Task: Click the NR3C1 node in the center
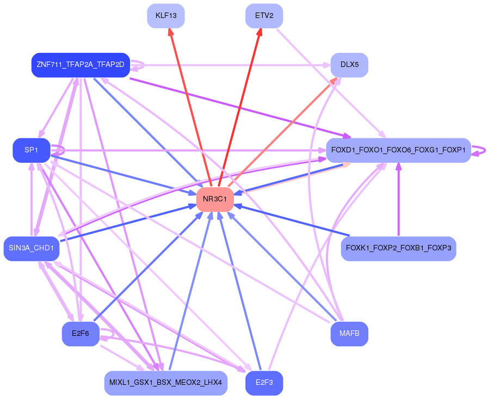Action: pyautogui.click(x=215, y=199)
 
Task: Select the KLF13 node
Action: pyautogui.click(x=166, y=15)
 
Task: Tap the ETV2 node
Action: pyautogui.click(x=264, y=15)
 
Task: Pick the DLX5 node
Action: pyautogui.click(x=349, y=65)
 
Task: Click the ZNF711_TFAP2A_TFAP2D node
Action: pyautogui.click(x=80, y=65)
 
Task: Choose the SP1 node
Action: pyautogui.click(x=31, y=150)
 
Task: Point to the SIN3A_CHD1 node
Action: pyautogui.click(x=31, y=249)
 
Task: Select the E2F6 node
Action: pyautogui.click(x=81, y=334)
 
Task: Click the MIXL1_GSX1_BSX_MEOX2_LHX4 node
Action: pyautogui.click(x=165, y=383)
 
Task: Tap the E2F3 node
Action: pyautogui.click(x=264, y=383)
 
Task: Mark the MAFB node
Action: pyautogui.click(x=349, y=334)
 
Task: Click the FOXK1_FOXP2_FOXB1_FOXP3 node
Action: pyautogui.click(x=398, y=249)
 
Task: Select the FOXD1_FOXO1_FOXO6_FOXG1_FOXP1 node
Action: pyautogui.click(x=398, y=150)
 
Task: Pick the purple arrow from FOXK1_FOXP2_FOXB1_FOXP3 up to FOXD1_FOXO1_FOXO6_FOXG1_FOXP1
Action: pyautogui.click(x=398, y=201)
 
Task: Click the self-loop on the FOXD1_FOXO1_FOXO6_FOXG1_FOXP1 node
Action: pyautogui.click(x=479, y=150)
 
